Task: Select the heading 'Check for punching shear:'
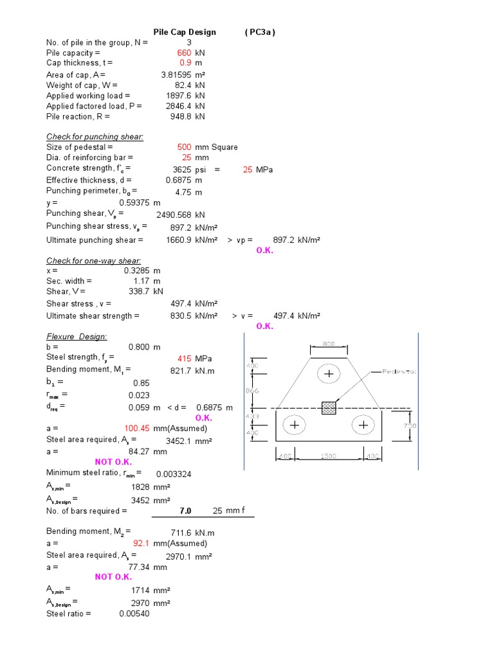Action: click(95, 137)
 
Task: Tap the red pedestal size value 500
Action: click(184, 147)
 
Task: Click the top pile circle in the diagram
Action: click(329, 373)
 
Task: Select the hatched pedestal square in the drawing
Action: click(329, 408)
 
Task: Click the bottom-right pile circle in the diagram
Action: click(364, 425)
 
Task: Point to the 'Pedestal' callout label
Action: click(399, 371)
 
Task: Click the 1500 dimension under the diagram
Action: click(329, 456)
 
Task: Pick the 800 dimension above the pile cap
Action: click(329, 344)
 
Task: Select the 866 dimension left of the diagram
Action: click(253, 391)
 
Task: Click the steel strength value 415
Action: click(185, 358)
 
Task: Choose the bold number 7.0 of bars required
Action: click(185, 511)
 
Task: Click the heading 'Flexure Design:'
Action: click(77, 337)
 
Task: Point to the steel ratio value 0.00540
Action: click(134, 614)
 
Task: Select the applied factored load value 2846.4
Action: click(176, 106)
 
